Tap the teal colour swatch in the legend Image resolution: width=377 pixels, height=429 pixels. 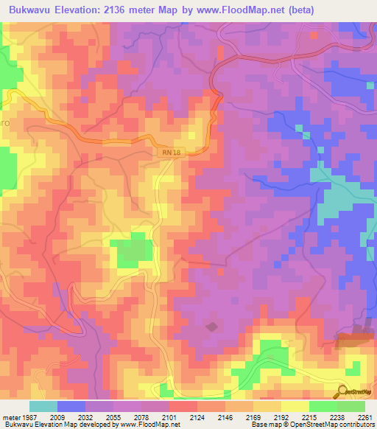pyautogui.click(x=43, y=406)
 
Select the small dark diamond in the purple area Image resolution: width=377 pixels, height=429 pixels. pyautogui.click(x=211, y=326)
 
